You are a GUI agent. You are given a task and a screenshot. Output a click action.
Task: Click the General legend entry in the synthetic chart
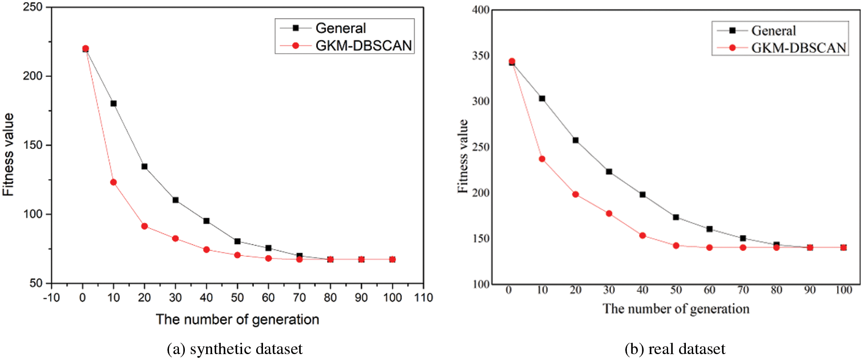340,28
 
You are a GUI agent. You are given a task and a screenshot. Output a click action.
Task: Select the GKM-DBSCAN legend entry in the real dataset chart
798,48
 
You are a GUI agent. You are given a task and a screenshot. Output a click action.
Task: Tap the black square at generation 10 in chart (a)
114,104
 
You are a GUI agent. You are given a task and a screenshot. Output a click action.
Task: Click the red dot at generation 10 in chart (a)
114,182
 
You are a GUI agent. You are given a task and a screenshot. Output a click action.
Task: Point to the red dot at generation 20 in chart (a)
144,226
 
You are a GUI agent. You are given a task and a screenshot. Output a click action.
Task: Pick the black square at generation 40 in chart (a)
206,221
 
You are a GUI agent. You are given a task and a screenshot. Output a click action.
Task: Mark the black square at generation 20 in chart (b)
575,140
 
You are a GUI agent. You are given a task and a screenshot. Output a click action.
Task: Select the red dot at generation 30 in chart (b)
609,213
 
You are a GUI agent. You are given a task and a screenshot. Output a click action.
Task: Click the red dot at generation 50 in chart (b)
676,246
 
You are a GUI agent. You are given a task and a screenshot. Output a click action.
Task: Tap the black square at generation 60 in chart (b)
709,229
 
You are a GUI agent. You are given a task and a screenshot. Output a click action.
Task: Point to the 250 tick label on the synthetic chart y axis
33,7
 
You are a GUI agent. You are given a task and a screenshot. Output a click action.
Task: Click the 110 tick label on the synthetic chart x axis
423,298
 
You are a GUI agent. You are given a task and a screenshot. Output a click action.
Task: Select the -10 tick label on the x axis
51,298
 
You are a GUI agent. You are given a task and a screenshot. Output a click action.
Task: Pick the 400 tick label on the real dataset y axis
481,10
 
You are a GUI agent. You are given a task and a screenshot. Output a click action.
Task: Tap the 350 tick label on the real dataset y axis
481,56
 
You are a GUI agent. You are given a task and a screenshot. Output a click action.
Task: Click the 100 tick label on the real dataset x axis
843,290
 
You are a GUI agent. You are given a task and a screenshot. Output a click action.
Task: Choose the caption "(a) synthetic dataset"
234,349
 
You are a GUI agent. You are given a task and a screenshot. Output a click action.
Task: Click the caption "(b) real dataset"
675,349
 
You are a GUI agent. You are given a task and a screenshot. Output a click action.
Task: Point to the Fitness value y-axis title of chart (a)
8,154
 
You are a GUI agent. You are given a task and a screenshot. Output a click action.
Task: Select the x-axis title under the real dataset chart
676,309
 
